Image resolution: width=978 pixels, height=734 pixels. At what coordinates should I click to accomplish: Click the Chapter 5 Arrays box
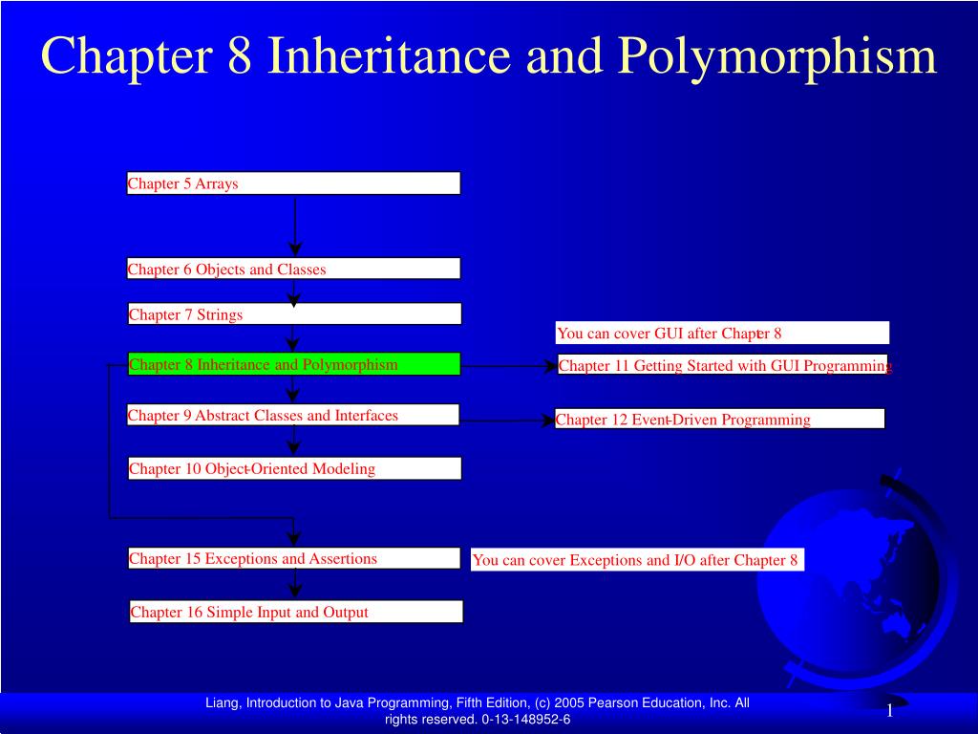pos(293,183)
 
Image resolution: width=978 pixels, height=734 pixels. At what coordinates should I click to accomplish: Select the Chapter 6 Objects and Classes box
pos(293,269)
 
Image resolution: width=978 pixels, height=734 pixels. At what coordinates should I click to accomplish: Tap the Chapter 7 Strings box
pos(294,314)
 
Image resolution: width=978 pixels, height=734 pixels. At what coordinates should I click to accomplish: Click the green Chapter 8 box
pos(294,364)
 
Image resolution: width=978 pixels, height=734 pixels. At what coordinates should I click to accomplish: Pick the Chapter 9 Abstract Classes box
pos(293,415)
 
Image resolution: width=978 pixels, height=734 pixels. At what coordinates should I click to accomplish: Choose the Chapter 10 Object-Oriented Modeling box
pos(294,468)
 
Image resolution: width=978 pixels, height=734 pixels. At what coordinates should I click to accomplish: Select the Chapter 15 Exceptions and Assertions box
pos(294,558)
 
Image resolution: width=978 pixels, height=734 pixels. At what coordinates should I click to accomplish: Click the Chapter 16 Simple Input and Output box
pos(296,612)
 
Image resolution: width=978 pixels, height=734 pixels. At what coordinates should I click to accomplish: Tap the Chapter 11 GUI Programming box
pos(723,365)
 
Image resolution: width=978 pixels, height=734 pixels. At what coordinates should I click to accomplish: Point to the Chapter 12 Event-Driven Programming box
pos(719,419)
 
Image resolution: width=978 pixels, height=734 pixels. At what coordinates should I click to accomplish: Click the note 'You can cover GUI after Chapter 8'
pos(722,333)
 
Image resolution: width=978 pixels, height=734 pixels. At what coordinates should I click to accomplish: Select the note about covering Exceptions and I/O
pos(637,560)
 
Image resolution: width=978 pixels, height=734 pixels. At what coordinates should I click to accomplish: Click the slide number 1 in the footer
pos(889,711)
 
